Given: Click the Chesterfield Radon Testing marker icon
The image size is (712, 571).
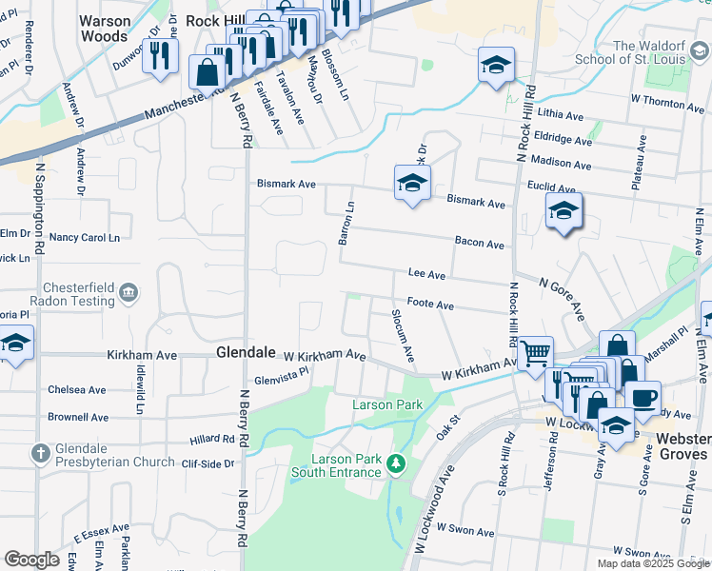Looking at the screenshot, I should pos(130,292).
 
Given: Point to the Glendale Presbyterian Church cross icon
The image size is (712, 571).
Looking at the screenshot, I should pos(41,453).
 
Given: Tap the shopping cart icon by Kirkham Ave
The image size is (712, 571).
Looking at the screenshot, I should pos(536,353).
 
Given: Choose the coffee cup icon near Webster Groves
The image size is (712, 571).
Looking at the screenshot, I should pos(643,396).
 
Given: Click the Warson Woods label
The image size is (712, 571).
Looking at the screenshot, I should pos(105,29).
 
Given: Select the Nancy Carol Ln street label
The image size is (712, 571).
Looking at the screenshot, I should pos(85,237).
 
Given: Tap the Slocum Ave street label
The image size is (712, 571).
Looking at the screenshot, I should pos(403,335).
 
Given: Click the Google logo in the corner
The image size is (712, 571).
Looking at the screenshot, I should pos(31,560).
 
